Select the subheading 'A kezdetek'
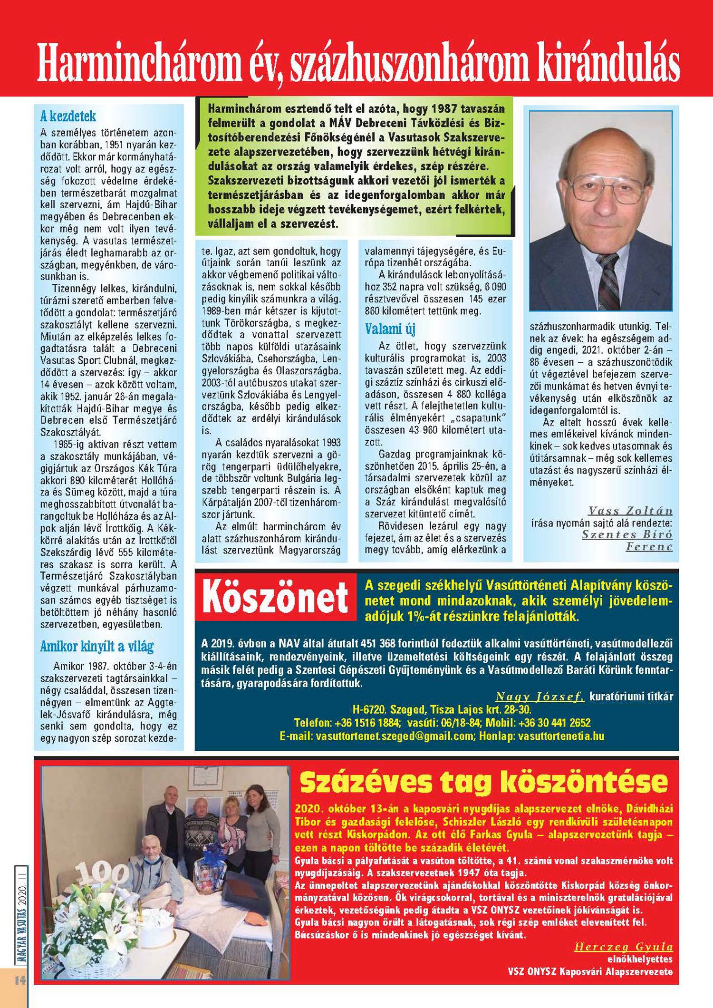67,116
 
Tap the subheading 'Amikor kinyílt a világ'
97,646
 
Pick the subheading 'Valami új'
390,329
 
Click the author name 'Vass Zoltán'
630,511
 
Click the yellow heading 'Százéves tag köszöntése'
484,782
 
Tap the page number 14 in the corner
19,979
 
